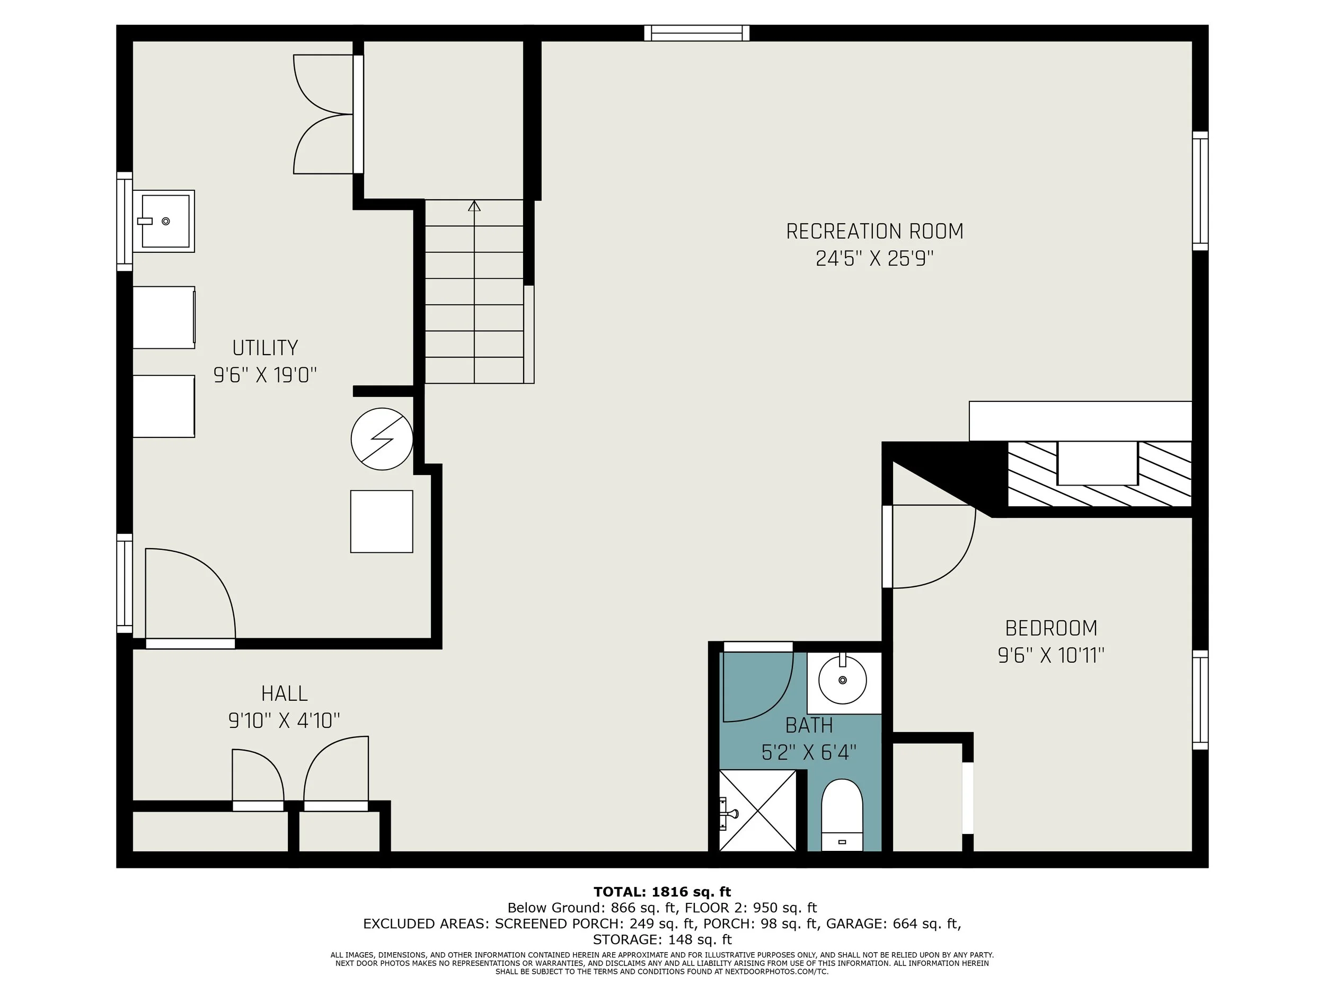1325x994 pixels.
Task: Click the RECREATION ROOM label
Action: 874,231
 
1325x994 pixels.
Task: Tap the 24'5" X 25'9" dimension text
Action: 874,259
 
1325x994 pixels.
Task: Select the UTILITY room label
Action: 265,348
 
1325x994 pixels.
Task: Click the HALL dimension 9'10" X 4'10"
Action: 284,719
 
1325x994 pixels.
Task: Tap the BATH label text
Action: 809,725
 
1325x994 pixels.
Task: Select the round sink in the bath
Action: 842,680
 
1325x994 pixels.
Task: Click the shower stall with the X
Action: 758,810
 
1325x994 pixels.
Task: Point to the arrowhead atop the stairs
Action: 474,206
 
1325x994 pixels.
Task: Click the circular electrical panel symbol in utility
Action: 382,438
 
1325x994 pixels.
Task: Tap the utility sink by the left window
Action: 164,221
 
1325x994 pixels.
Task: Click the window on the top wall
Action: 696,33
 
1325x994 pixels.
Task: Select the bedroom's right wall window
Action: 1200,700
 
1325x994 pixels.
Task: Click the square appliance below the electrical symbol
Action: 382,521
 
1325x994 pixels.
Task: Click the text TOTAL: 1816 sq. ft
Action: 662,892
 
